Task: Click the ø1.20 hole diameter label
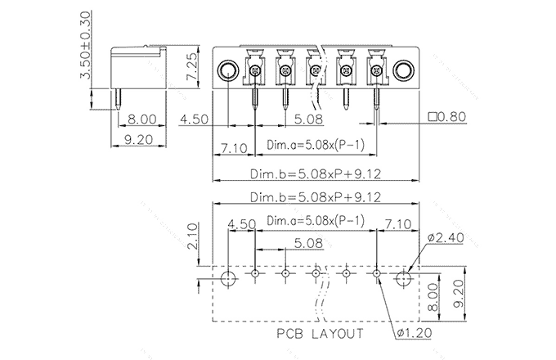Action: click(x=413, y=333)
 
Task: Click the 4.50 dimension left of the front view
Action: click(x=195, y=119)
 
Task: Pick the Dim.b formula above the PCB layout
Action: click(x=315, y=197)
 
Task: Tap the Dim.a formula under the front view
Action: click(x=315, y=146)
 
